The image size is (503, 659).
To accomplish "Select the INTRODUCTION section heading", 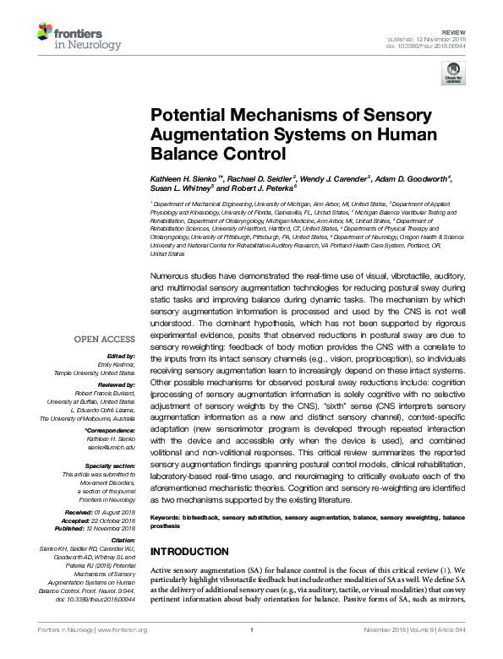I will [x=194, y=552].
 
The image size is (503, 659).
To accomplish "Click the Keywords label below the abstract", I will [x=167, y=516].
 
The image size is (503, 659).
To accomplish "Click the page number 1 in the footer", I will [x=252, y=652].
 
